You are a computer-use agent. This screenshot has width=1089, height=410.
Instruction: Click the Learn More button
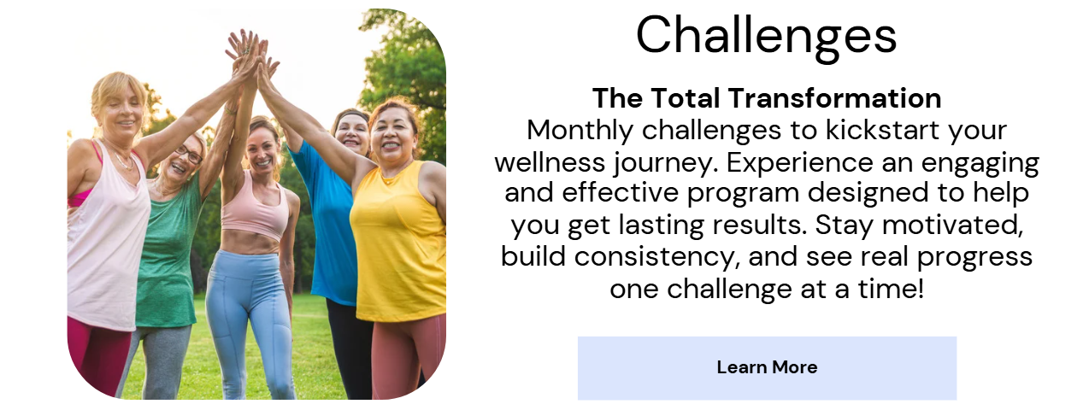click(767, 368)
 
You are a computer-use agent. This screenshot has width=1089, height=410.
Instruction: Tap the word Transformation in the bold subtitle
click(834, 98)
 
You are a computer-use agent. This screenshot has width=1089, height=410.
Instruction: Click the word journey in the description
click(663, 163)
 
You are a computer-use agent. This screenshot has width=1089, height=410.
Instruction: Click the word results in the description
click(759, 225)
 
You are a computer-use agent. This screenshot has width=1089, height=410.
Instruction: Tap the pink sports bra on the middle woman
click(254, 207)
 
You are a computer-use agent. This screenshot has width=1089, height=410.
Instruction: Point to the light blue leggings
click(248, 320)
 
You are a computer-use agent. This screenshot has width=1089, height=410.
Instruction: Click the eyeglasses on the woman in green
click(189, 154)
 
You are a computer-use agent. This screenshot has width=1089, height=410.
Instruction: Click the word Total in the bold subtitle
click(685, 98)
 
